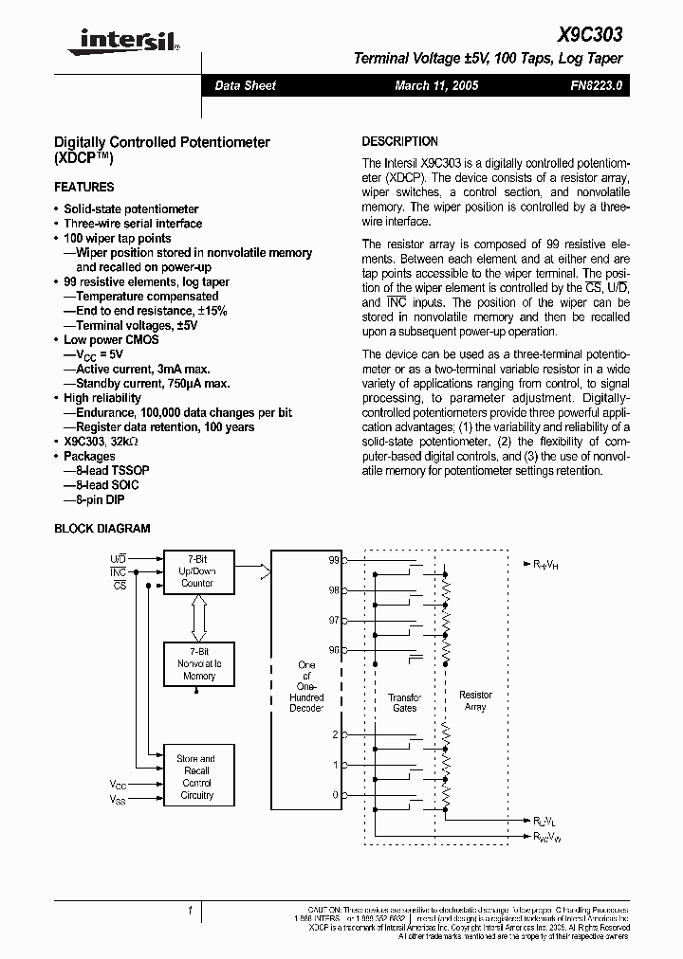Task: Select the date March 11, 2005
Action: [x=436, y=86]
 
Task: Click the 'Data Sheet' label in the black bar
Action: [x=245, y=86]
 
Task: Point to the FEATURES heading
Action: [x=84, y=187]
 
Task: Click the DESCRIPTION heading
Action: [x=400, y=141]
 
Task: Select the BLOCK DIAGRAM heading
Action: [x=102, y=529]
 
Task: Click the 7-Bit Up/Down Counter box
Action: [x=198, y=571]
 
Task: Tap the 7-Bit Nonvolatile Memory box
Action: [x=198, y=664]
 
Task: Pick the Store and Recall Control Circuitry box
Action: [x=197, y=776]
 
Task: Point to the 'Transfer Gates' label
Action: [x=404, y=702]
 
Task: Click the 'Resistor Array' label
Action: [x=475, y=701]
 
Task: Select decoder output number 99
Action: [x=333, y=561]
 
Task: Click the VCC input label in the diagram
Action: [x=118, y=786]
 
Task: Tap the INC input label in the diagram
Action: [x=118, y=572]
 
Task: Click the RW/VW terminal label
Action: [x=546, y=837]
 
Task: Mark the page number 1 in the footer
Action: [x=190, y=912]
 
